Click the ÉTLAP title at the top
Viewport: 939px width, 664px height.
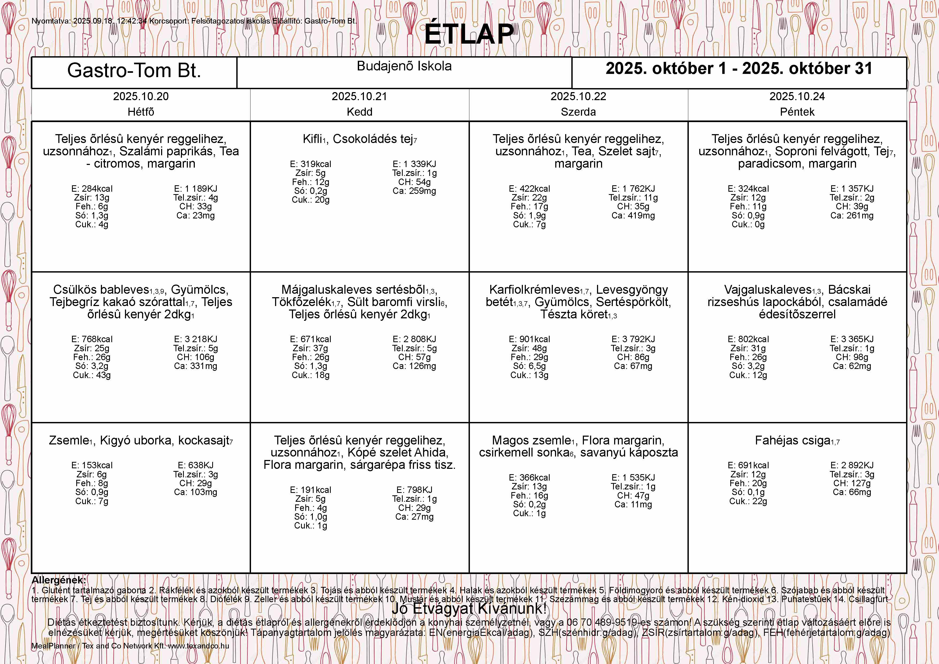pos(469,34)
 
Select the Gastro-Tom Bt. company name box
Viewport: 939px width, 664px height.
pos(134,70)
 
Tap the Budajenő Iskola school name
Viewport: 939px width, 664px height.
pos(404,66)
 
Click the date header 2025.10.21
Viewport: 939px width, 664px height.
pos(359,97)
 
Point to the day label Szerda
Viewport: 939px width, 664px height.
pos(578,112)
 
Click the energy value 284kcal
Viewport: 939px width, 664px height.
pos(92,188)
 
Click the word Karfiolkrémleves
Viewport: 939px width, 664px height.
pos(534,290)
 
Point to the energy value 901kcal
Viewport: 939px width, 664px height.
pos(529,339)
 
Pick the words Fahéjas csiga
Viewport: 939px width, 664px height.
pos(792,441)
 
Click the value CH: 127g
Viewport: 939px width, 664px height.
pos(852,483)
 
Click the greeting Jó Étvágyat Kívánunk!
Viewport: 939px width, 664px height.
pos(469,608)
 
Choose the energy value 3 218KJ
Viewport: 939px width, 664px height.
pos(196,339)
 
